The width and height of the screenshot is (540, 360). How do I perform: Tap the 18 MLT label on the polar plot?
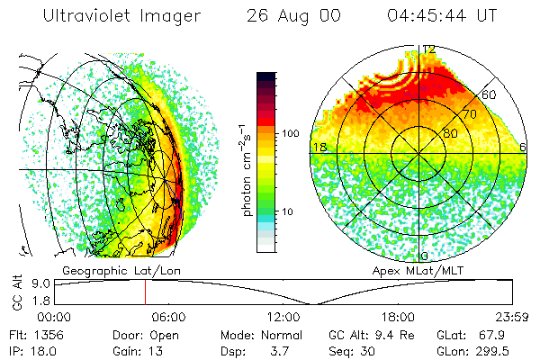click(318, 147)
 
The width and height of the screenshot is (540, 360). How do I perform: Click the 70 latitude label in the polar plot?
click(468, 114)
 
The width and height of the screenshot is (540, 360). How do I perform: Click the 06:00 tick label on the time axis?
click(168, 317)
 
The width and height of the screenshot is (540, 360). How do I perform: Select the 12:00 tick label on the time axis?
click(283, 317)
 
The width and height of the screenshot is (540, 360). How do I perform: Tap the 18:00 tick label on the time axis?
click(398, 317)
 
